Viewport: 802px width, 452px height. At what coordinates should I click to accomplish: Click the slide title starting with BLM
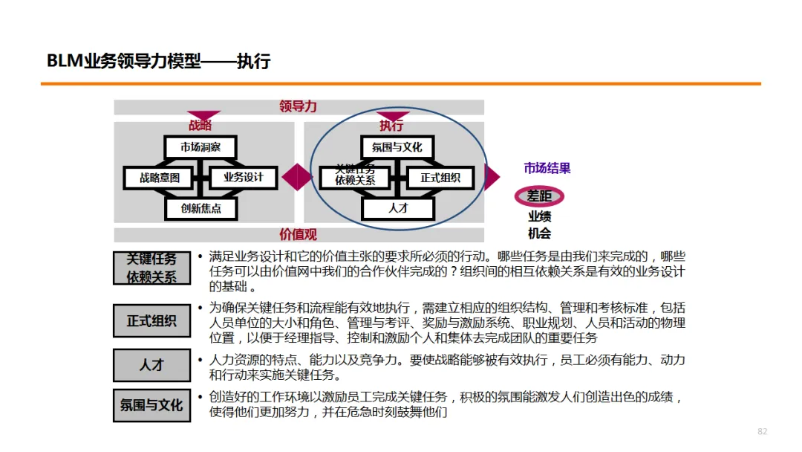(x=158, y=62)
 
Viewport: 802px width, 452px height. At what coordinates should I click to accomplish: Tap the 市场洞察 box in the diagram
(x=200, y=147)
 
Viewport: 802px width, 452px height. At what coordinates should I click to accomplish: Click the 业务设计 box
(x=243, y=178)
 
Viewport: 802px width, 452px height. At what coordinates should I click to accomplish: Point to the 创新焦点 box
(x=200, y=208)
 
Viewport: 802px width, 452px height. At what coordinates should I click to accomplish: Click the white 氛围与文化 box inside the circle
(x=397, y=147)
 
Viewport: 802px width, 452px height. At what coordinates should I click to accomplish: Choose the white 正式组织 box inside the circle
(x=440, y=178)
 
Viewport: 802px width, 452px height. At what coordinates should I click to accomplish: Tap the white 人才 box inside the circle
(x=398, y=208)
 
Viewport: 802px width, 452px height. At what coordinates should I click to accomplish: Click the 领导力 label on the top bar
(x=298, y=106)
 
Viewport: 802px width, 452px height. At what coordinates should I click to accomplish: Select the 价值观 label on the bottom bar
(x=298, y=235)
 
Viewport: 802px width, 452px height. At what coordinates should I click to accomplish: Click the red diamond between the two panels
(x=296, y=177)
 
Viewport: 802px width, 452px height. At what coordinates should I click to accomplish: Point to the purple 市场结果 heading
(x=547, y=168)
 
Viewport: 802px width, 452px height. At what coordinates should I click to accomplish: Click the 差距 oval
(x=540, y=196)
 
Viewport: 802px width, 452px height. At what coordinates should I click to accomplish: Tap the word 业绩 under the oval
(x=540, y=216)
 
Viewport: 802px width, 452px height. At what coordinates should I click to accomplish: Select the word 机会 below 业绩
(x=540, y=233)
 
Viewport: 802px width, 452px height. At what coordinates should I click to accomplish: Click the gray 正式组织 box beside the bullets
(x=151, y=321)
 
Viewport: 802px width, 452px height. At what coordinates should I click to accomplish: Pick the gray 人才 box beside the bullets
(x=151, y=365)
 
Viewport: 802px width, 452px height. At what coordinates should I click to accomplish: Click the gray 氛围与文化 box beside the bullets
(x=151, y=405)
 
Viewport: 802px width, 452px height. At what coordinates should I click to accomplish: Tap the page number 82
(x=762, y=432)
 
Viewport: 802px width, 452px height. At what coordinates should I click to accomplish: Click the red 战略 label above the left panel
(x=200, y=126)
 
